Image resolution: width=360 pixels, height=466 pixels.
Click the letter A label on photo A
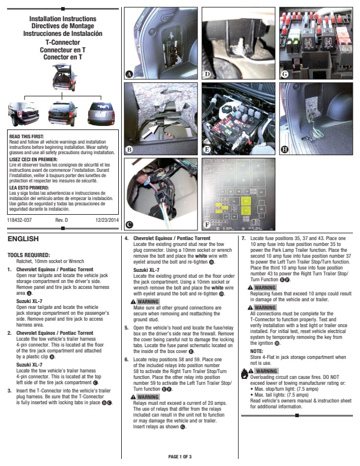tap(129, 74)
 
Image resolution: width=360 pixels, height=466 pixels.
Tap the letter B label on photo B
tap(129, 150)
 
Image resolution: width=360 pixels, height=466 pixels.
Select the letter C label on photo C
tap(129, 224)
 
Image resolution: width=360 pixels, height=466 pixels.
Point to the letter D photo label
tap(207, 74)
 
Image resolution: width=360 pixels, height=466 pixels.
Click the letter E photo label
tap(207, 150)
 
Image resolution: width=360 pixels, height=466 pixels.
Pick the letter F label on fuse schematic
tap(207, 224)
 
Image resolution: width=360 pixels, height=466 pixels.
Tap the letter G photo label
tap(285, 74)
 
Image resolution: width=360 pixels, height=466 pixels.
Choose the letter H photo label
tap(285, 149)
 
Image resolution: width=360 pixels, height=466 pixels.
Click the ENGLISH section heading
tap(23, 239)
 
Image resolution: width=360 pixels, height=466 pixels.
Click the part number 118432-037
tap(21, 219)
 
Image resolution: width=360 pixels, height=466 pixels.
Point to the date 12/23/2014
tap(106, 219)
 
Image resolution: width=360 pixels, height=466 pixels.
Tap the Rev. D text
tap(62, 219)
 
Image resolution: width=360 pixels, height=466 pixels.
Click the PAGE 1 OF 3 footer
tap(180, 457)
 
